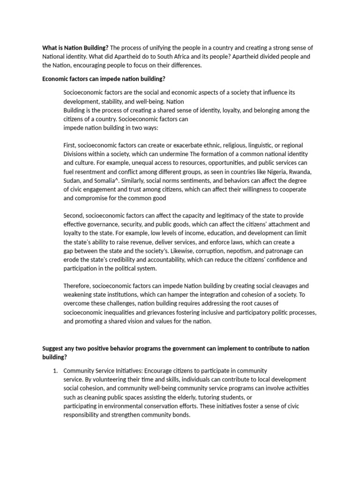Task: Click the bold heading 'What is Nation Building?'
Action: pyautogui.click(x=75, y=48)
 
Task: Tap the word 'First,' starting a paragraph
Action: pyautogui.click(x=72, y=145)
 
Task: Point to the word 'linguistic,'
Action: pyautogui.click(x=262, y=145)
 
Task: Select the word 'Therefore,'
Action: pyautogui.click(x=77, y=286)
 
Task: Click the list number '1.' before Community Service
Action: pyautogui.click(x=55, y=371)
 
